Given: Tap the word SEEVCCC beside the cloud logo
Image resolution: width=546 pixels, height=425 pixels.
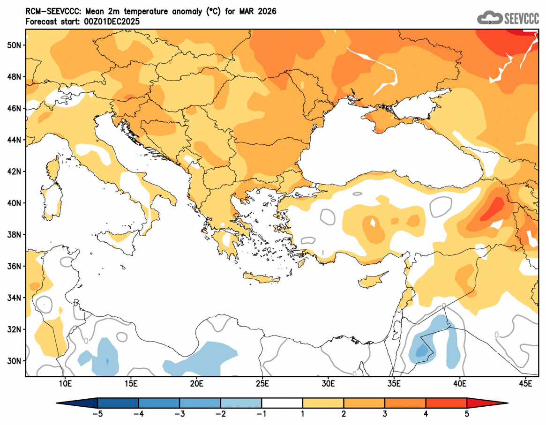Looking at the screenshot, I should (521, 18).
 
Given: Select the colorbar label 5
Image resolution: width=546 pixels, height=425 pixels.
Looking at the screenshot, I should (467, 414).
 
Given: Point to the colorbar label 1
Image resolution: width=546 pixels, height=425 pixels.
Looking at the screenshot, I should (303, 414).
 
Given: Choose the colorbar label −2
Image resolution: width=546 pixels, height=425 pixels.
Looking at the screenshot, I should (220, 414).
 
